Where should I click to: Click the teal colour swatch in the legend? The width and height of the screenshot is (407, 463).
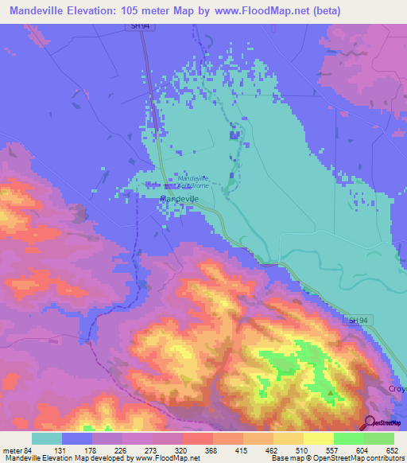point(47,438)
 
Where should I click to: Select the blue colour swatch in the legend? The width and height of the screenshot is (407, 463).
point(77,438)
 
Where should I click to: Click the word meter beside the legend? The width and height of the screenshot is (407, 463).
point(13,450)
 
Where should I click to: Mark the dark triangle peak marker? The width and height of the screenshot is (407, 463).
point(331,392)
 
